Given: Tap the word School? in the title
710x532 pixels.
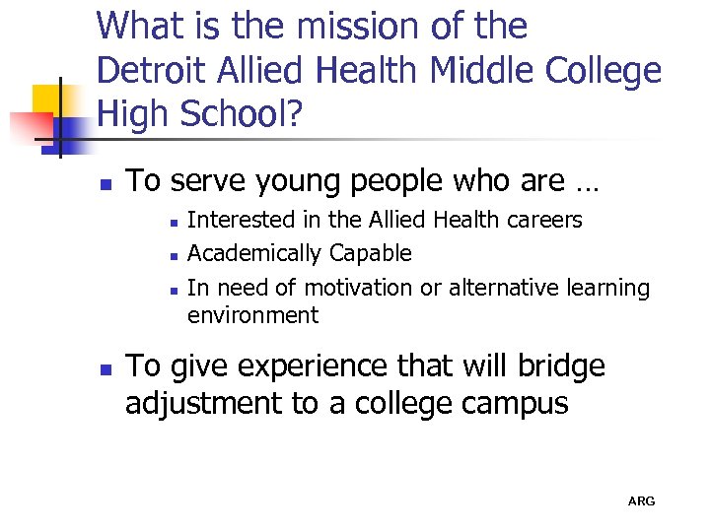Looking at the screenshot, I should (248, 116).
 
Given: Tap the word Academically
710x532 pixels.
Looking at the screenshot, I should (253, 253).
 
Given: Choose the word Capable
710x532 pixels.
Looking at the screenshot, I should (370, 254).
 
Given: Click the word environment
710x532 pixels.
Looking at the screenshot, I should (252, 315).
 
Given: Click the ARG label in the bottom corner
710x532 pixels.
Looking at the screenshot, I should (641, 501).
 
